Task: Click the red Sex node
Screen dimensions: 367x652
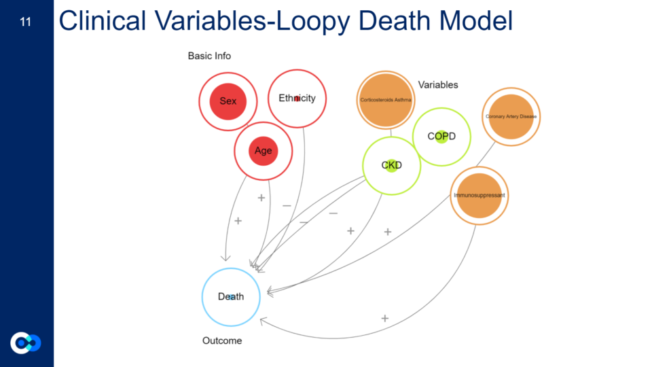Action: point(228,101)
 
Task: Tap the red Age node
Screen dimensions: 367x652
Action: point(263,151)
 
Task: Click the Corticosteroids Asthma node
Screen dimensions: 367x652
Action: point(386,100)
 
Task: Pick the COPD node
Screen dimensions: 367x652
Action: point(441,136)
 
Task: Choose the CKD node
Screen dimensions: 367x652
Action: point(391,165)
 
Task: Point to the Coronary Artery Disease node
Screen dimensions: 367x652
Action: point(511,117)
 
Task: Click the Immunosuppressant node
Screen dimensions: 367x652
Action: point(479,196)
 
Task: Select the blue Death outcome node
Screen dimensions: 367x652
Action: point(231,297)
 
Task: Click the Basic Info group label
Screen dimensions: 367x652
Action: point(209,56)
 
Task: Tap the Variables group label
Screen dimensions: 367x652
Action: point(438,85)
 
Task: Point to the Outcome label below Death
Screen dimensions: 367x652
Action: point(222,340)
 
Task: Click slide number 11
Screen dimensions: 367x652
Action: point(26,22)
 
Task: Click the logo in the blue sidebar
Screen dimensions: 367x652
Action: point(26,343)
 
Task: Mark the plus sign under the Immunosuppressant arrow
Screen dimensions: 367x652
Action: point(384,318)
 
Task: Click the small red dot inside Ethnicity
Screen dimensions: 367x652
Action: point(297,99)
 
